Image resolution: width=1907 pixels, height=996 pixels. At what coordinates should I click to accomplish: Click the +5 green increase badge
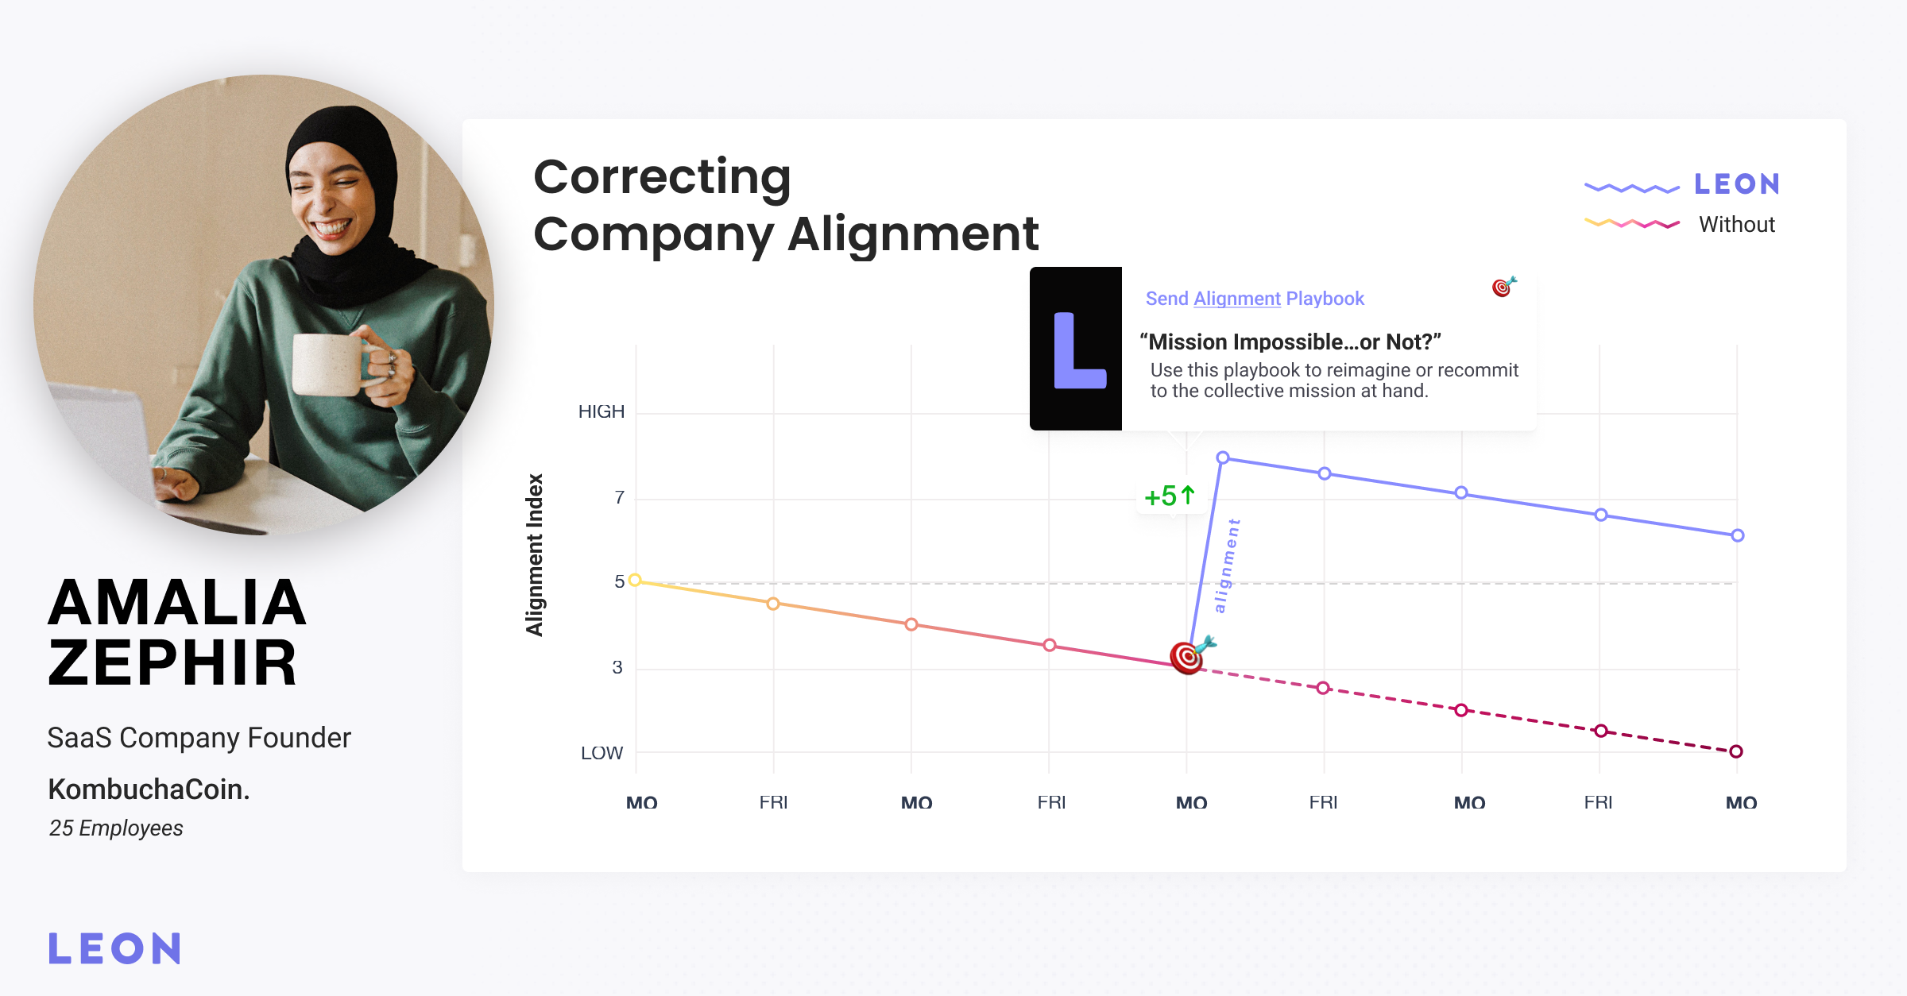1170,496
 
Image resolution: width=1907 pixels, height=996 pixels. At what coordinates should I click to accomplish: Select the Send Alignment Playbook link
1255,299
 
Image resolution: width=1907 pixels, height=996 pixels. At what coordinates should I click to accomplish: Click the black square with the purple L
1076,349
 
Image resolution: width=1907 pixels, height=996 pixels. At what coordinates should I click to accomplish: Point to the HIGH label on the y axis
601,411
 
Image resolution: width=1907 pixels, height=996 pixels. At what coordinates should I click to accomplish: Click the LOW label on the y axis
601,753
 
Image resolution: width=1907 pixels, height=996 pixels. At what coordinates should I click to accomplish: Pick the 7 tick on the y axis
620,497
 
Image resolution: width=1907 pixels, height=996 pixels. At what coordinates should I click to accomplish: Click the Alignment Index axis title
535,554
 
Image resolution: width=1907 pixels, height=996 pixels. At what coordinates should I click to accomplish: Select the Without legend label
1737,225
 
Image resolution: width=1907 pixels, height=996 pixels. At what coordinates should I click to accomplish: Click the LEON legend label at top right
1737,184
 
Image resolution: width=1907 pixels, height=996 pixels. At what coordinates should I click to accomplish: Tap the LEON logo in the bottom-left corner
115,948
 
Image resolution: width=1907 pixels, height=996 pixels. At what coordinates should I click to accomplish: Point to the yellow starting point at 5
635,581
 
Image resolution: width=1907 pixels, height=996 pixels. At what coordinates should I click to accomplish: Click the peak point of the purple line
1223,457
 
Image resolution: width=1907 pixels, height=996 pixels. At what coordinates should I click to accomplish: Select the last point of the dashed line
1736,751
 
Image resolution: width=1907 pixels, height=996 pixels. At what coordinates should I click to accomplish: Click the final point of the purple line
1738,535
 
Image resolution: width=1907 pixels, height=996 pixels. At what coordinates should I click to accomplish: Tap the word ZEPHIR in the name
172,663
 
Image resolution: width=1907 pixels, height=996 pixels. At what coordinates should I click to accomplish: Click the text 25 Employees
116,828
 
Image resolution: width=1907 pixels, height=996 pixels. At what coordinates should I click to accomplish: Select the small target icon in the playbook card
1503,286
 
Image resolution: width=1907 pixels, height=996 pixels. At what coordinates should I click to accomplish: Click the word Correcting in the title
663,178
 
